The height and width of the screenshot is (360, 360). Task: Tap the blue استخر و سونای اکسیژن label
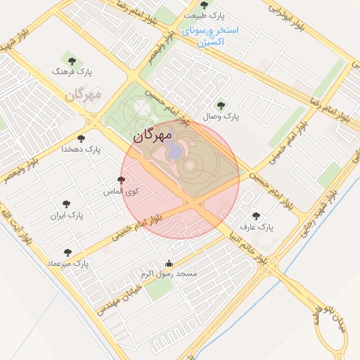click(x=210, y=36)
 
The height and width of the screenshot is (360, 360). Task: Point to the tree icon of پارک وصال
click(x=221, y=106)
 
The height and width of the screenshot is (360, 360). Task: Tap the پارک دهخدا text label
click(x=82, y=149)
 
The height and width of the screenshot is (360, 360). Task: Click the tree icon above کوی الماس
click(x=121, y=179)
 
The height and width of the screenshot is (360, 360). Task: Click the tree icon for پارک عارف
click(x=255, y=216)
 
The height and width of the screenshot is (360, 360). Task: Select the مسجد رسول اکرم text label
click(x=169, y=273)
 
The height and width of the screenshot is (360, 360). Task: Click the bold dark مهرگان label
click(x=152, y=134)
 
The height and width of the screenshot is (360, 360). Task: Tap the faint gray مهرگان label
click(x=84, y=94)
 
